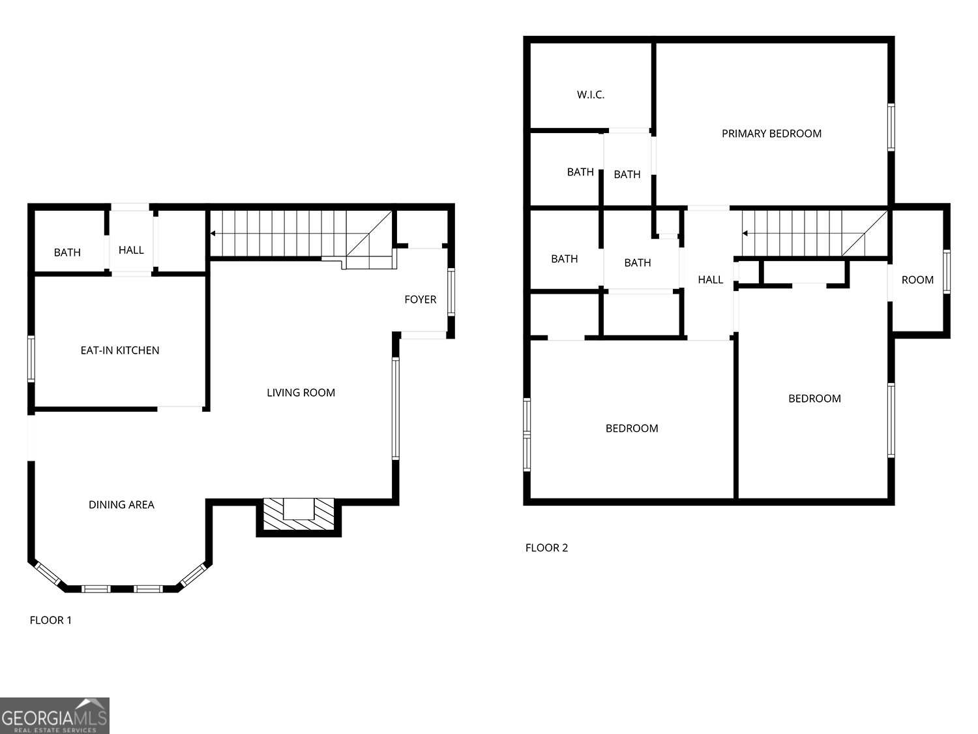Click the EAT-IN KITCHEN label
[120, 350]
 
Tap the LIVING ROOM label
[301, 393]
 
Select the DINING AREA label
[121, 504]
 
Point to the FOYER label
[420, 299]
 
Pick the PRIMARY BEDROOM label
[771, 134]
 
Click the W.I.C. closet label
[590, 95]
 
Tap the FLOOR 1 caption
[51, 620]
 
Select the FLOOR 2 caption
[546, 547]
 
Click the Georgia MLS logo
[55, 716]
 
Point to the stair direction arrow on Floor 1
[214, 233]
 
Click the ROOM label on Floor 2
[917, 280]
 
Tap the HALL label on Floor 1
[131, 250]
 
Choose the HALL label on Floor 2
[710, 280]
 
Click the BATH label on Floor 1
[67, 252]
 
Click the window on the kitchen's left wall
[30, 358]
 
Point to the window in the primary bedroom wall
[891, 127]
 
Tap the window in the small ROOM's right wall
[947, 271]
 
